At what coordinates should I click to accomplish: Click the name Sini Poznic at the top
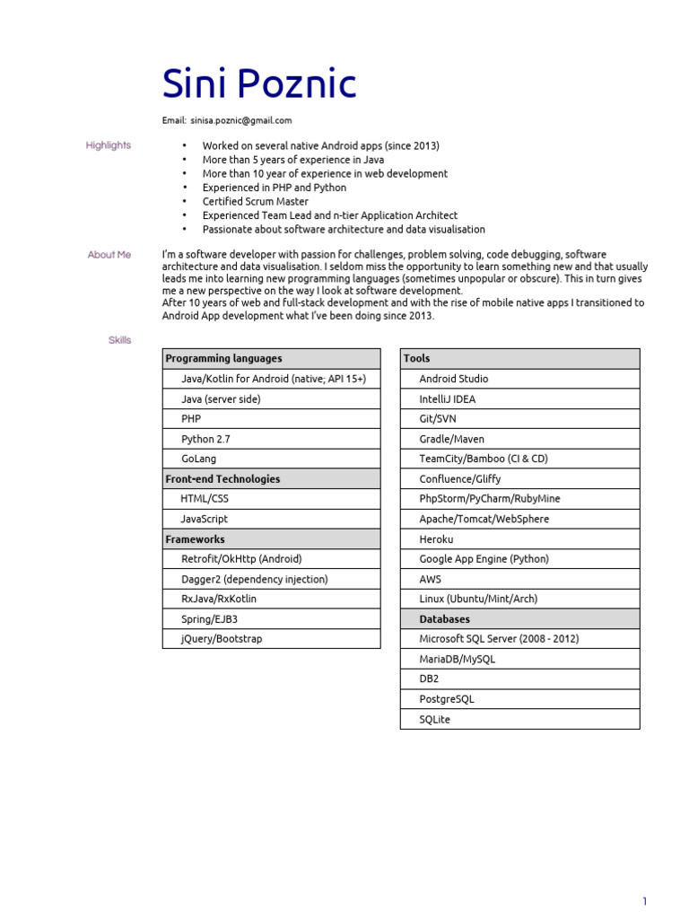[x=258, y=84]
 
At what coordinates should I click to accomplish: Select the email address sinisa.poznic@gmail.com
[x=240, y=120]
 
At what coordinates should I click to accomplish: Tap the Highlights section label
[x=109, y=145]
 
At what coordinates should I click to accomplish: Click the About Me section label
[x=109, y=255]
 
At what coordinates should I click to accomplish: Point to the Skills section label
[x=120, y=340]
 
